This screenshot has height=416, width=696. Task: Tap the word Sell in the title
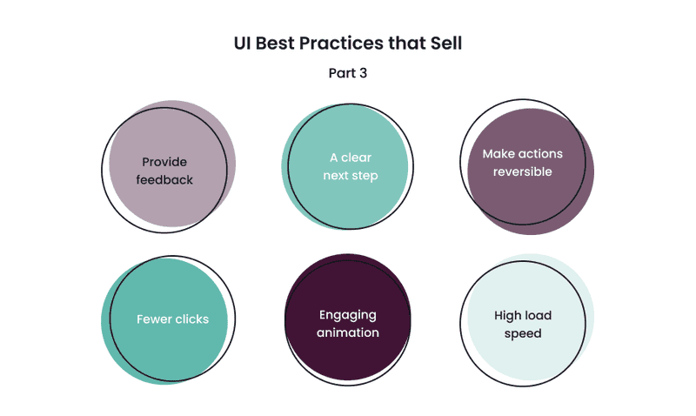click(446, 43)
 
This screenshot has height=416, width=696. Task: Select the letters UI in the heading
click(243, 43)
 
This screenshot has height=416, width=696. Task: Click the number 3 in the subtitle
click(364, 73)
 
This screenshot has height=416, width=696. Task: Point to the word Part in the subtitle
click(342, 73)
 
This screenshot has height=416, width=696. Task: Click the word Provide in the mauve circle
click(164, 162)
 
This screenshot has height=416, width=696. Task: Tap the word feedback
click(164, 180)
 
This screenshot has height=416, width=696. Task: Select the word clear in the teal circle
click(356, 158)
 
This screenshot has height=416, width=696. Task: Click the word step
click(365, 176)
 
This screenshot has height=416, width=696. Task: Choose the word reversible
click(523, 171)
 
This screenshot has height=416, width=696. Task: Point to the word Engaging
click(347, 315)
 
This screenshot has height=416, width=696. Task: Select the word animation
click(348, 332)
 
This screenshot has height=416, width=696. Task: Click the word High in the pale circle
click(507, 316)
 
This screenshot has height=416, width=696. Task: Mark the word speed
click(523, 333)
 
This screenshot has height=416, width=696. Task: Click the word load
click(538, 316)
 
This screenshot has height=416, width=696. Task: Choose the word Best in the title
click(275, 43)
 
